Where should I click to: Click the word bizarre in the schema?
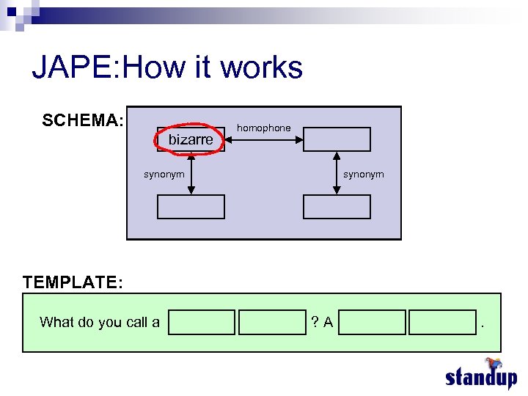(191, 139)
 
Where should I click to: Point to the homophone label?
(263, 128)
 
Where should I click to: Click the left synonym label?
(164, 175)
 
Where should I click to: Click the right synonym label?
(364, 175)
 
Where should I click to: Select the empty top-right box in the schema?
(337, 139)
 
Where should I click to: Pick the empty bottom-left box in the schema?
(191, 208)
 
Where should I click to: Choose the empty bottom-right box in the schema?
(337, 208)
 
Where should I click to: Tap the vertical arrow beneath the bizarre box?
(191, 174)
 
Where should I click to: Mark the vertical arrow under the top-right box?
(337, 174)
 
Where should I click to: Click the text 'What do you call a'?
(100, 322)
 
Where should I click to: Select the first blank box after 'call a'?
(202, 323)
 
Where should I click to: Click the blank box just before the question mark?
(272, 323)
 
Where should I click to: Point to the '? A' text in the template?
(322, 322)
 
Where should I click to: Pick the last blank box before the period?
(442, 323)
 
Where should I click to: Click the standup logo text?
(480, 377)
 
